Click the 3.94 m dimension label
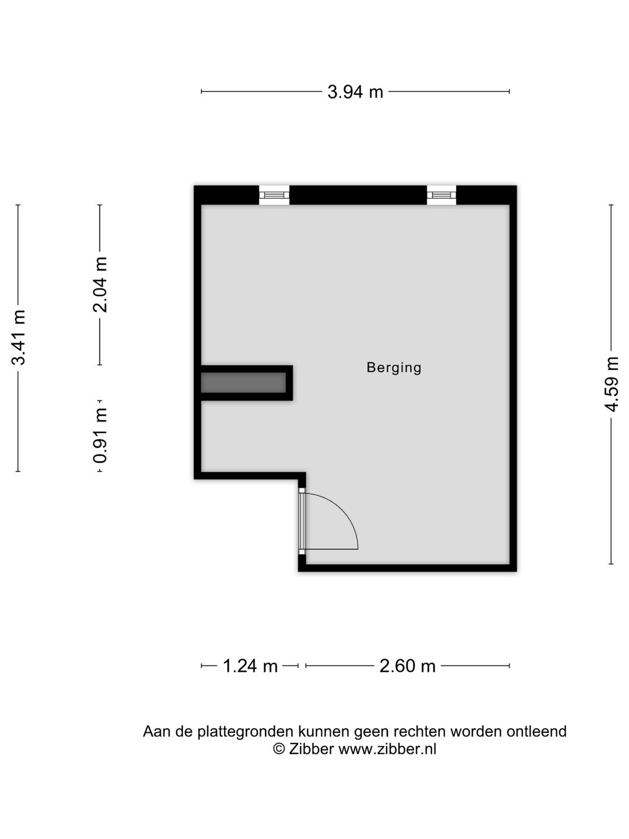(x=355, y=91)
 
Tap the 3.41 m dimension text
(x=18, y=337)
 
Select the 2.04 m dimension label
(x=100, y=285)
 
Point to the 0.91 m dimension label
(x=100, y=436)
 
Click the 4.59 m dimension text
(x=612, y=384)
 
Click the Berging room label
(x=394, y=368)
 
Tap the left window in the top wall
(x=274, y=195)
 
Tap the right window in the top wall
(x=441, y=195)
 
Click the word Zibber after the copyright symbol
(x=311, y=749)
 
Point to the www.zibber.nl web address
(x=387, y=749)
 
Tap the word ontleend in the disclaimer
(x=536, y=732)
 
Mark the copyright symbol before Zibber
(x=279, y=749)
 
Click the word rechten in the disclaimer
(x=419, y=732)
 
